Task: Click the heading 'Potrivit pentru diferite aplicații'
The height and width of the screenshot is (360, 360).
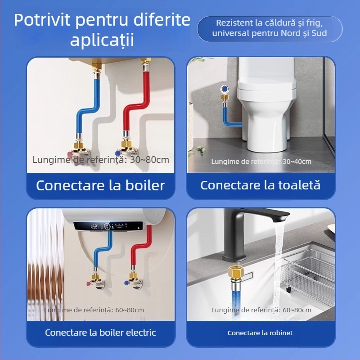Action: pyautogui.click(x=102, y=30)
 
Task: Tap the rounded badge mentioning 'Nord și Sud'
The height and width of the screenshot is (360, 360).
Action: pyautogui.click(x=270, y=28)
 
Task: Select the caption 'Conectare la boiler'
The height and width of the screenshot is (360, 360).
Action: pyautogui.click(x=100, y=185)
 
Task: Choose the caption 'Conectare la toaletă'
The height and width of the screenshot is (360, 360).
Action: pyautogui.click(x=261, y=185)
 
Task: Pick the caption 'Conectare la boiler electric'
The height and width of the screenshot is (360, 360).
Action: pyautogui.click(x=100, y=333)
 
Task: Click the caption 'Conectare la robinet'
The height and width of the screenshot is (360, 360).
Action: pyautogui.click(x=260, y=333)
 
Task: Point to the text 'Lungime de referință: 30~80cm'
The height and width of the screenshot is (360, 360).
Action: pyautogui.click(x=101, y=160)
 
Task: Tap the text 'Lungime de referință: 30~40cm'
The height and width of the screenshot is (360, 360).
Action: pyautogui.click(x=261, y=162)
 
